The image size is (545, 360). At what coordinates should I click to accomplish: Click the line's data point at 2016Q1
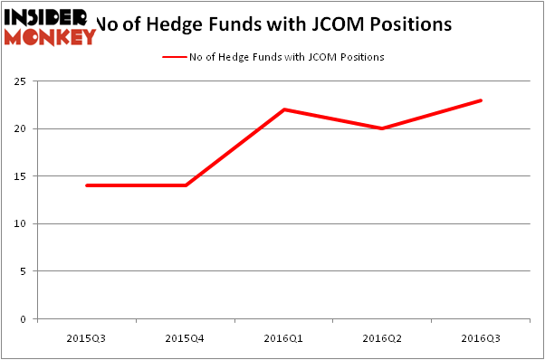(x=284, y=109)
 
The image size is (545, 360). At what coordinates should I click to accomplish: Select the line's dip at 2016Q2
(x=383, y=128)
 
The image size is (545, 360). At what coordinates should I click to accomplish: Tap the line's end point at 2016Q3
(x=481, y=100)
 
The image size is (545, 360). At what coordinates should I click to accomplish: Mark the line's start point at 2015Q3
(x=87, y=185)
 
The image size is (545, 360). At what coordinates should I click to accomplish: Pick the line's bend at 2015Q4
(x=186, y=185)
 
